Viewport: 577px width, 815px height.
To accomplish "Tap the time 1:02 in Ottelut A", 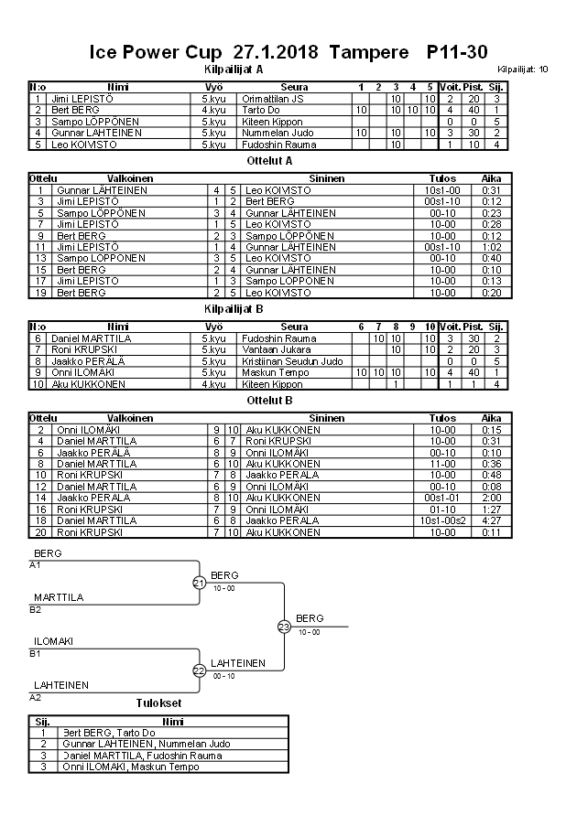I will pyautogui.click(x=491, y=247).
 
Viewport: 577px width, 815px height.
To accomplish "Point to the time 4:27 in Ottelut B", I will pyautogui.click(x=491, y=520).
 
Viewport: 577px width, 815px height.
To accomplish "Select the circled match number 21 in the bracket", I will pyautogui.click(x=199, y=582).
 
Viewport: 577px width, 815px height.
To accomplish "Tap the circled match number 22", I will pyautogui.click(x=199, y=670).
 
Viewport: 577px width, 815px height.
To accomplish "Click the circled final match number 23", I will pyautogui.click(x=284, y=627).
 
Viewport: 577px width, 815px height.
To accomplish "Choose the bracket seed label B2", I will pyautogui.click(x=36, y=609).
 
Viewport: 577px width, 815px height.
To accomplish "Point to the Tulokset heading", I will pyautogui.click(x=158, y=703).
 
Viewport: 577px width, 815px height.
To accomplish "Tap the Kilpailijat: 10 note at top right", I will pyautogui.click(x=524, y=70).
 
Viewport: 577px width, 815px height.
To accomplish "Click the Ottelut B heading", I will pyautogui.click(x=270, y=400).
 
